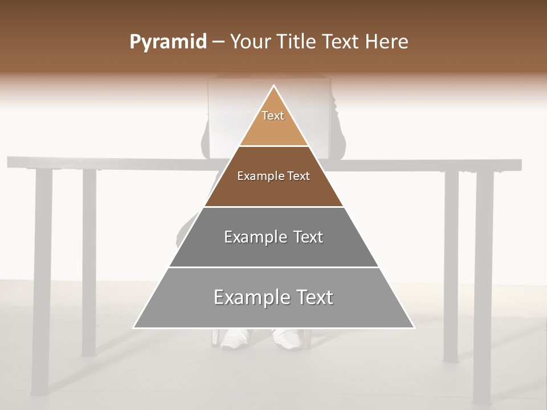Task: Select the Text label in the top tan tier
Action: tap(273, 116)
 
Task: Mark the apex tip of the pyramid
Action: tap(274, 86)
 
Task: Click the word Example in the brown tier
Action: tap(259, 177)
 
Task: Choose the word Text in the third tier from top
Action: tap(308, 237)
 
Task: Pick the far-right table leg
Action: tap(483, 285)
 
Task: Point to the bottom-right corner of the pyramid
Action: tap(414, 327)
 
